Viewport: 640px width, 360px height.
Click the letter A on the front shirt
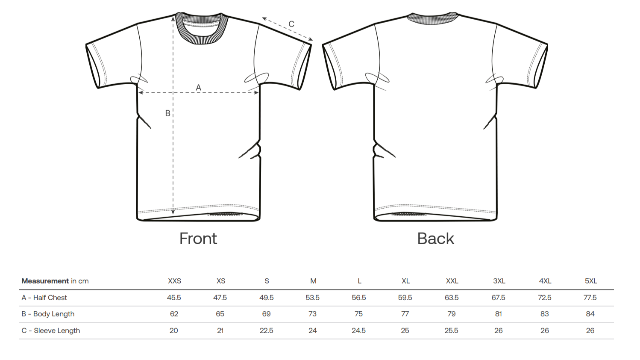coord(198,87)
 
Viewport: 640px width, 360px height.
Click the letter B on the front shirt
coord(168,113)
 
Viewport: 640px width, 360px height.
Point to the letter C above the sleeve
coord(291,24)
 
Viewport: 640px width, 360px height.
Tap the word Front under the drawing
coord(198,239)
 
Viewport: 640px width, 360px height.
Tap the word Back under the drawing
coord(435,239)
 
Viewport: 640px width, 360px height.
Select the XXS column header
coord(174,281)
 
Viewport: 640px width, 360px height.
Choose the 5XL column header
coord(590,281)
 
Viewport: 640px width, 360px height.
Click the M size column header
coord(313,281)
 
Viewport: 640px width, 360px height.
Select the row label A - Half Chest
coord(44,298)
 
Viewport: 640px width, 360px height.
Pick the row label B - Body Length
coord(48,314)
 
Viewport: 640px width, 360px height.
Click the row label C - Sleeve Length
coord(51,330)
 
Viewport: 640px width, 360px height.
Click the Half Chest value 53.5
coord(313,298)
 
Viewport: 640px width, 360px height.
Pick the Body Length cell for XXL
coord(452,314)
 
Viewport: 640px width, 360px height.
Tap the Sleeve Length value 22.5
coord(267,330)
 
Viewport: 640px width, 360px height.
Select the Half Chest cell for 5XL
coord(590,298)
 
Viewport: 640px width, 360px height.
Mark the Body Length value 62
coord(174,314)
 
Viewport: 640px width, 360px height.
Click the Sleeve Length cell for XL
coord(405,330)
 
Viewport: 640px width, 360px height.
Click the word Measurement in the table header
coord(45,281)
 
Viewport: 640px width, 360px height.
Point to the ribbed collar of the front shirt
coord(201,38)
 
